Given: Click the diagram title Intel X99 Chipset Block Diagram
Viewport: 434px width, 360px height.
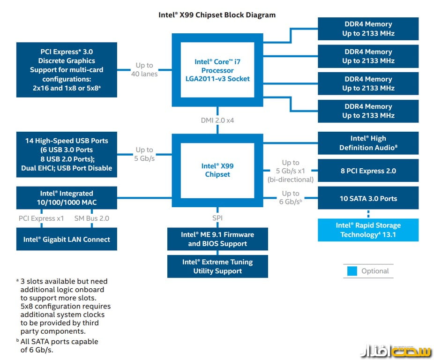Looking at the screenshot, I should coord(217,15).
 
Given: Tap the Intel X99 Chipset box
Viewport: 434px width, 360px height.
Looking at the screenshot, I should coord(217,170).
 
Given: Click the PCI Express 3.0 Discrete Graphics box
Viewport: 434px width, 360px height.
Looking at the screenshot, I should coord(67,70).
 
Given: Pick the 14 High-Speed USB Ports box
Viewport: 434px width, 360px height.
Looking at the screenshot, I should coord(67,154).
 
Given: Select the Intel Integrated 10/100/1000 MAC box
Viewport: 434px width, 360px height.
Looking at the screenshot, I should coord(67,198).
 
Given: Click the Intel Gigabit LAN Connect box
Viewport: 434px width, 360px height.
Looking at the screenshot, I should coord(67,240).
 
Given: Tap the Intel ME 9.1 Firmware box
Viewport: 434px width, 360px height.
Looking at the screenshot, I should coord(217,239).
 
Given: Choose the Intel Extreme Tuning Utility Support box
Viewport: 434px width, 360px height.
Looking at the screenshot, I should coord(217,266).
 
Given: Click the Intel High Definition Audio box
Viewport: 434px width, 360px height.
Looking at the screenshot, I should coord(368,143).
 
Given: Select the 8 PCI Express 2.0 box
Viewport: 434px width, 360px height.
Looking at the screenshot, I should coord(368,171).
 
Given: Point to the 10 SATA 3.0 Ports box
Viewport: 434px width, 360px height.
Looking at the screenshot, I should coord(368,198).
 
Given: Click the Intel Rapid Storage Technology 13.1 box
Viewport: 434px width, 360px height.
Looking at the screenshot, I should coord(368,230).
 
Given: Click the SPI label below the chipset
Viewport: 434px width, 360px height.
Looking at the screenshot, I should coord(217,218).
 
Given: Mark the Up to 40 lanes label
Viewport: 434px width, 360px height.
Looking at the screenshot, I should coord(144,70).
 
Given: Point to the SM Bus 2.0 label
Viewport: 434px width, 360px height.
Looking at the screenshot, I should coord(92,218).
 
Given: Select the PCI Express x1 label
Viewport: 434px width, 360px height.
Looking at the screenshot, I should coord(41,218).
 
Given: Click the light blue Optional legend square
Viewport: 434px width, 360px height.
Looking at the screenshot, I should coord(352,271).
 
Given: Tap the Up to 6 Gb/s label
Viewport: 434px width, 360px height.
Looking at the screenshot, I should coord(291,197).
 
